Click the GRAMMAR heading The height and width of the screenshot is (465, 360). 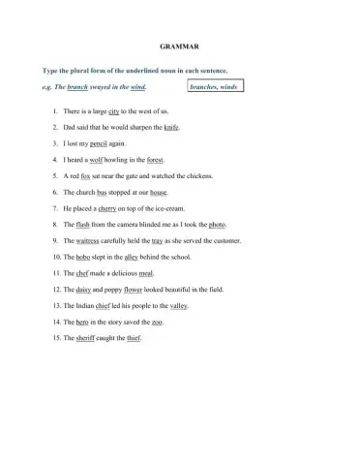pyautogui.click(x=179, y=46)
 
